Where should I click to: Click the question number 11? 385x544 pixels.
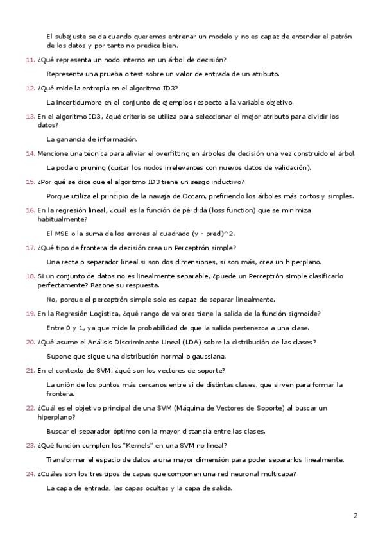(30, 60)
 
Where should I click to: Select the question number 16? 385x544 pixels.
(30, 210)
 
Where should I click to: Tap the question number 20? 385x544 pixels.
(30, 343)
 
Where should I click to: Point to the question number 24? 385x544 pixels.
(30, 474)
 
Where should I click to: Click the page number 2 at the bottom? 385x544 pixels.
(355, 515)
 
